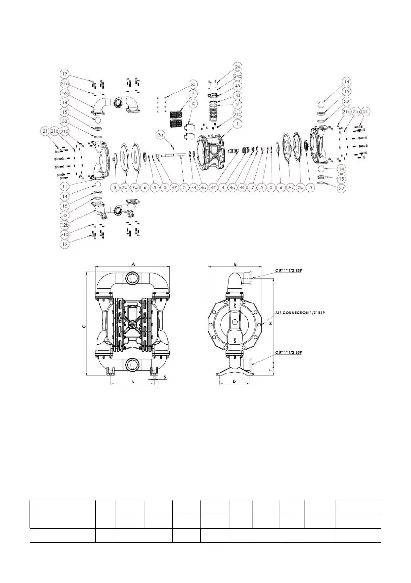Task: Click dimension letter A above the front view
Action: pyautogui.click(x=133, y=263)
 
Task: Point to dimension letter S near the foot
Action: pyautogui.click(x=165, y=377)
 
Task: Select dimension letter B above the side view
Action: pyautogui.click(x=236, y=264)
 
